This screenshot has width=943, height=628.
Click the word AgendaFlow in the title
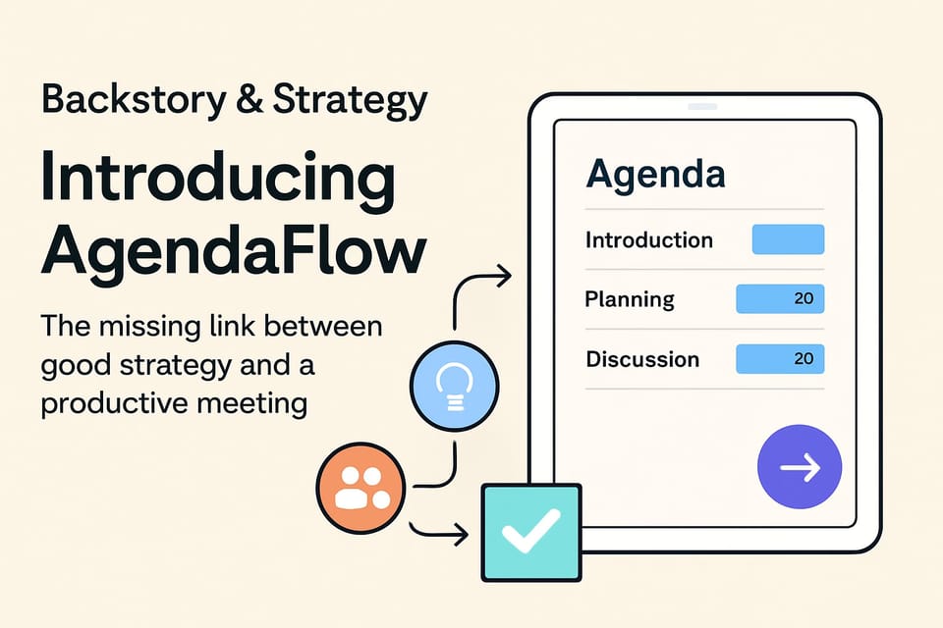pos(234,251)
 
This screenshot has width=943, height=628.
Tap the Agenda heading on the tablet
pos(655,175)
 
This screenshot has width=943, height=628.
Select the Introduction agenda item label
pos(648,240)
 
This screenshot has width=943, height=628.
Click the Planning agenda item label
pos(630,299)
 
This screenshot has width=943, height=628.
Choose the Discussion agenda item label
pos(642,359)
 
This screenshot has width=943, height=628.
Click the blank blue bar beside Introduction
pos(788,240)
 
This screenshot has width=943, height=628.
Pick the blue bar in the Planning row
pos(780,299)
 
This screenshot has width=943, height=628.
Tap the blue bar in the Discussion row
pos(780,359)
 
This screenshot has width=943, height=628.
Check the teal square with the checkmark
pos(530,532)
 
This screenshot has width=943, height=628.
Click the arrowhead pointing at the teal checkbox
pos(460,535)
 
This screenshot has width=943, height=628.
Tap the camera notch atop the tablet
pos(702,105)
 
